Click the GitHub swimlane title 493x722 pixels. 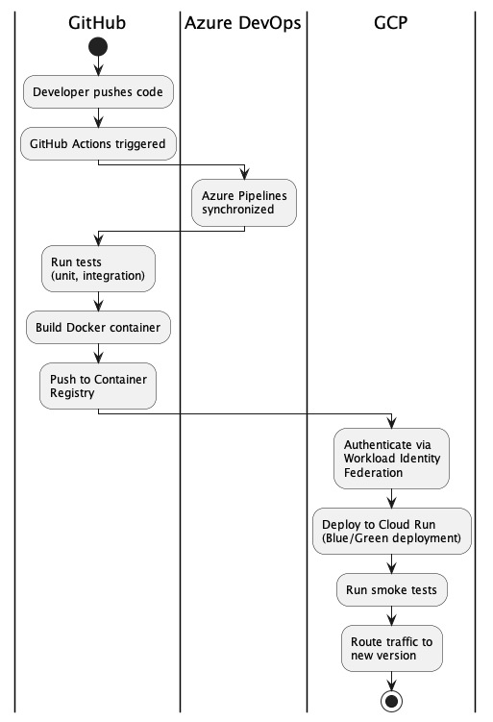pyautogui.click(x=98, y=22)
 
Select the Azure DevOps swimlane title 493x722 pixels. pyautogui.click(x=243, y=22)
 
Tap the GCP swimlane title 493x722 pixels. pyautogui.click(x=391, y=22)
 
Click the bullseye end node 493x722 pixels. pyautogui.click(x=391, y=701)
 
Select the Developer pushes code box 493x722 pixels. pyautogui.click(x=98, y=92)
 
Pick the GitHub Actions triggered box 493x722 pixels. pyautogui.click(x=98, y=144)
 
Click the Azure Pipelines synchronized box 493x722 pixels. pyautogui.click(x=243, y=202)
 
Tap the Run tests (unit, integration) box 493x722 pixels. pyautogui.click(x=98, y=268)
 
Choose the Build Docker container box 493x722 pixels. pyautogui.click(x=98, y=328)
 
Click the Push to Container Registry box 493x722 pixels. pyautogui.click(x=98, y=386)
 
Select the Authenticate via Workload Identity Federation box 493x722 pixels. pyautogui.click(x=391, y=459)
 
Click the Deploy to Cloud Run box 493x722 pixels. pyautogui.click(x=391, y=531)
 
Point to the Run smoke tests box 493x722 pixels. pyautogui.click(x=391, y=590)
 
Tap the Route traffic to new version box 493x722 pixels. pyautogui.click(x=391, y=648)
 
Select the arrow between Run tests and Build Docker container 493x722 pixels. pyautogui.click(x=98, y=301)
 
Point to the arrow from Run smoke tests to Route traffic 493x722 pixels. pyautogui.click(x=391, y=616)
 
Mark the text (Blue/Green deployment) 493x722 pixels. pyautogui.click(x=391, y=537)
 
